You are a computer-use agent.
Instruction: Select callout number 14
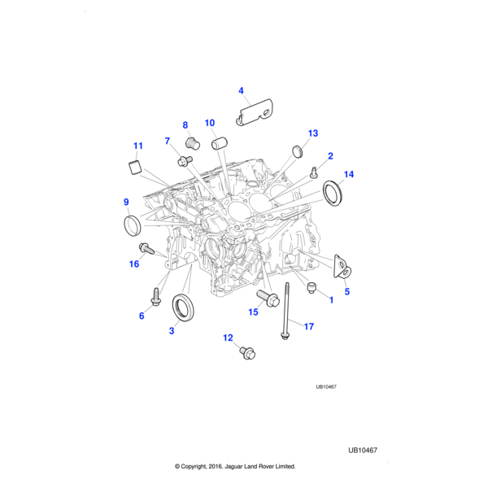pos(349,174)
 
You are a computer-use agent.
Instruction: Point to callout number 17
pos(308,326)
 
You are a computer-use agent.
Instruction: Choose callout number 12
pos(228,338)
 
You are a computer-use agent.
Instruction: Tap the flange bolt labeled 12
pos(246,352)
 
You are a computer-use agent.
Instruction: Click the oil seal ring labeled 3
pos(185,308)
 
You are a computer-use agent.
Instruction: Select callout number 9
pos(126,202)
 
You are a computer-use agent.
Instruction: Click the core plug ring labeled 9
pos(132,224)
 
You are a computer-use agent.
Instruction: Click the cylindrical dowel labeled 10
pos(219,145)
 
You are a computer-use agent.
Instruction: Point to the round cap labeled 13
pos(298,151)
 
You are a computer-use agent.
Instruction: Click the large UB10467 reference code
pos(363,450)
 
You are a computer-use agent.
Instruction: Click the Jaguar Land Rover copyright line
pos(234,467)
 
